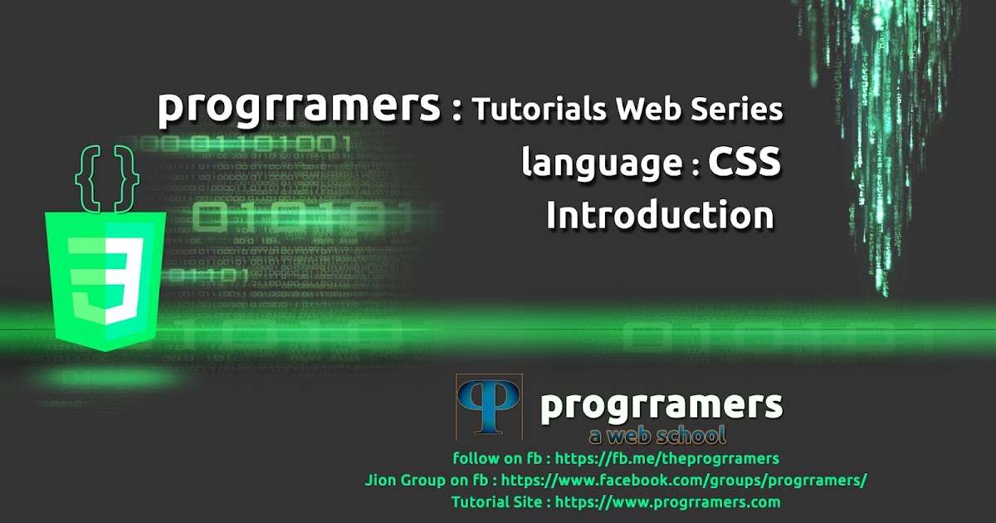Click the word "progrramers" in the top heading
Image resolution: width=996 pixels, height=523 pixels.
tap(299, 108)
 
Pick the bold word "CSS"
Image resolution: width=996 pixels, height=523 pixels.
tap(744, 163)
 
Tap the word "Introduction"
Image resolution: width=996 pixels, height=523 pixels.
tap(660, 216)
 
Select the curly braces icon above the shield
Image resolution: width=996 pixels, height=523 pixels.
tap(106, 177)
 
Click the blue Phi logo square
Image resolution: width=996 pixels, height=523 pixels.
tap(489, 407)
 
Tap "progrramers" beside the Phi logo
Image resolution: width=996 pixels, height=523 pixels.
tap(661, 406)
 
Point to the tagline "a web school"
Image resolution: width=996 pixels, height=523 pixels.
tap(657, 435)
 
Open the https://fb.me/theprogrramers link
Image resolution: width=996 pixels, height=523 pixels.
tap(667, 458)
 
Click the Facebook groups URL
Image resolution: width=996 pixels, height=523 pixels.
tap(685, 480)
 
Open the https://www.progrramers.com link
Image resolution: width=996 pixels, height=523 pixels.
tap(667, 501)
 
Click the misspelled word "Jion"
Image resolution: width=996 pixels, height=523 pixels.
tap(380, 480)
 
